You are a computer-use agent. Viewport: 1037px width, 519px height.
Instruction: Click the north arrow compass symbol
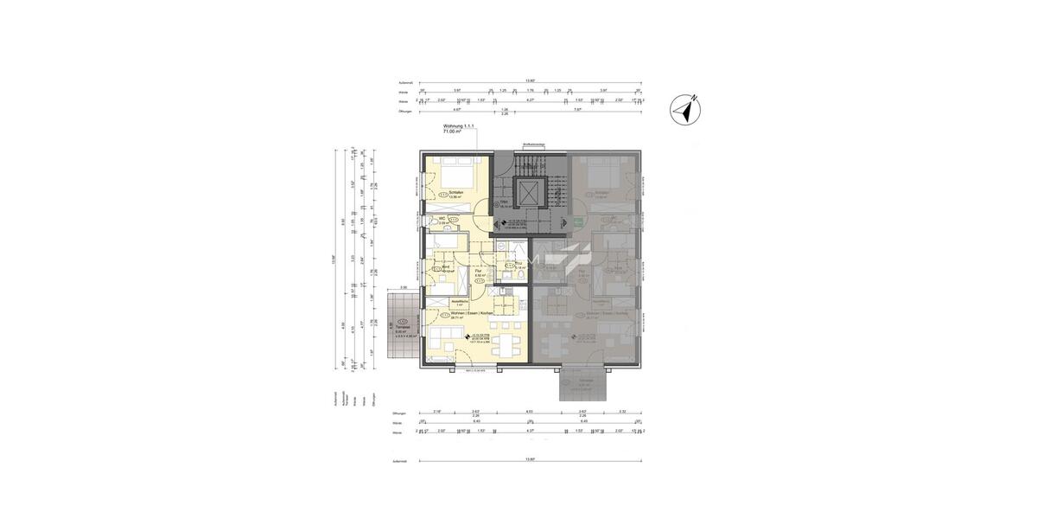[688, 109]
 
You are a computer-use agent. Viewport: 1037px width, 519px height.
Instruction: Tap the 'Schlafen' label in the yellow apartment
[456, 192]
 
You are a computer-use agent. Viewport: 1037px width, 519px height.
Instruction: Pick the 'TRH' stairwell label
[504, 202]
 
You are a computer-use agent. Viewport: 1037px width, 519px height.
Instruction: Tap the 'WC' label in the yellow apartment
[442, 219]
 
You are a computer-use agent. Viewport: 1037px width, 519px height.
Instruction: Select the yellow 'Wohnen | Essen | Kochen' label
[471, 312]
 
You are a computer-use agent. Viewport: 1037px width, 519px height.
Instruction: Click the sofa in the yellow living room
[440, 337]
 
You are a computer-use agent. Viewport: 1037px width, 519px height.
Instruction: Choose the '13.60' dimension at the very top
[530, 81]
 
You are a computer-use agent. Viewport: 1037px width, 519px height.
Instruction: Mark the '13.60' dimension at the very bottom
[530, 460]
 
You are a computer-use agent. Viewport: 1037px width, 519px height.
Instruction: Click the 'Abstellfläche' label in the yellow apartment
[460, 301]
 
